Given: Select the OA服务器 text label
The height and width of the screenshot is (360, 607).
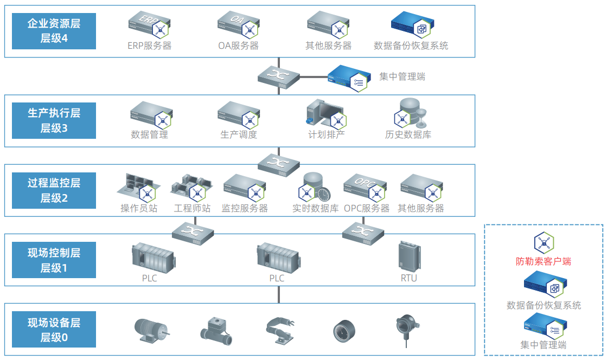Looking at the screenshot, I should point(238,46).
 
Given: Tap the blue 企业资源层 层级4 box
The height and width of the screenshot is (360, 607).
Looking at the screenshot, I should point(54,31).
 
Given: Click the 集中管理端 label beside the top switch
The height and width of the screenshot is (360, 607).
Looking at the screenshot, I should point(402,76).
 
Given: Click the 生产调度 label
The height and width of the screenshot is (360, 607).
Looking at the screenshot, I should point(239,134).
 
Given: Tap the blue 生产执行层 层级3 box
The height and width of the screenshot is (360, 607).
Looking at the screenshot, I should point(54,120).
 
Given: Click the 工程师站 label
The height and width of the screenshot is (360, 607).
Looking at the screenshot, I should point(192,208).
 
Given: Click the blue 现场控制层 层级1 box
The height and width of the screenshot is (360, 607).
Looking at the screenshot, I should point(54,260).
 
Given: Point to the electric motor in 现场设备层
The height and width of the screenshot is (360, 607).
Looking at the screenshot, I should point(151,329).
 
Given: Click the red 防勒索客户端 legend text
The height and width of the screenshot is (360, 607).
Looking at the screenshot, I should point(543,261).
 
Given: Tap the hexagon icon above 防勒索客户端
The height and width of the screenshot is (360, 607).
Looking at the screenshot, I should point(544,243).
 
